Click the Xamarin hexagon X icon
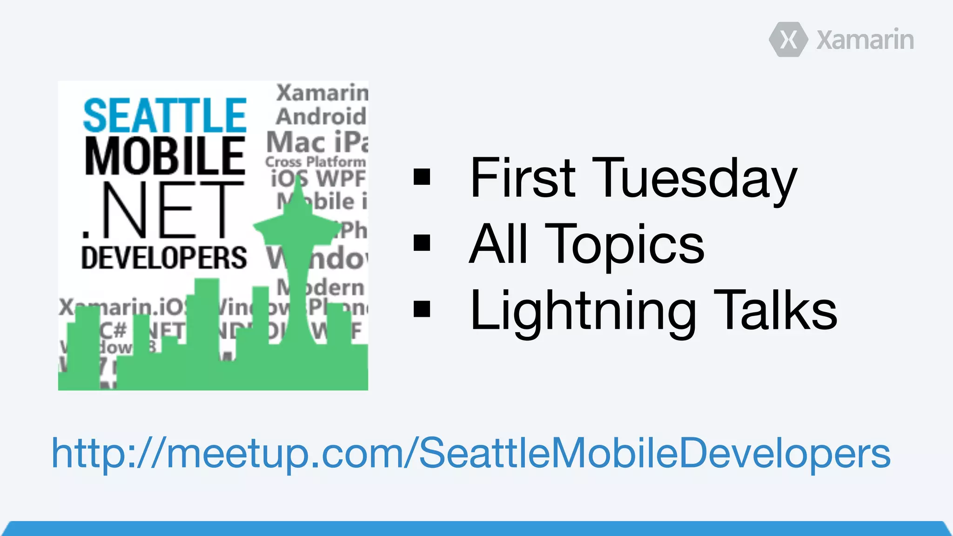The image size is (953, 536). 788,40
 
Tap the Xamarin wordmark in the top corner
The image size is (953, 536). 865,40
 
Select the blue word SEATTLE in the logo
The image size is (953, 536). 165,115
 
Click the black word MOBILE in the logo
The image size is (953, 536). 165,156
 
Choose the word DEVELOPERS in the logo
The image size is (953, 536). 164,258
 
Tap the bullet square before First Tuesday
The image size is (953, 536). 422,177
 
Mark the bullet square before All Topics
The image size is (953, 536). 422,243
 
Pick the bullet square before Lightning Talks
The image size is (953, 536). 422,309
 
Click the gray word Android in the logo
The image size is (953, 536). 321,116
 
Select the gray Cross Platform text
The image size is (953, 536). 315,162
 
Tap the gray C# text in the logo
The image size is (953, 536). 113,330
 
